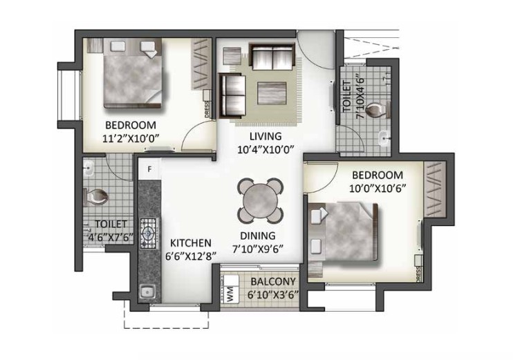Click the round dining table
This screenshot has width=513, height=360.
pyautogui.click(x=261, y=200)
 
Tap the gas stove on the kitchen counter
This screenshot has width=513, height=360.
pyautogui.click(x=149, y=233)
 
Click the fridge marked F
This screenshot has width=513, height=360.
pyautogui.click(x=149, y=169)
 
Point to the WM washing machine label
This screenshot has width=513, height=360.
pyautogui.click(x=230, y=293)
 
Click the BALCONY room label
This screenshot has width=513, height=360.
pyautogui.click(x=273, y=281)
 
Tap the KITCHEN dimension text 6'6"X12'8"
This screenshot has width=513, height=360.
pyautogui.click(x=191, y=256)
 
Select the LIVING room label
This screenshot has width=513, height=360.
pyautogui.click(x=265, y=136)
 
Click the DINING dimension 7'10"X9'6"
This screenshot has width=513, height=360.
pyautogui.click(x=257, y=249)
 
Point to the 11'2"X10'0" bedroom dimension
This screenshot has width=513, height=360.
pyautogui.click(x=131, y=138)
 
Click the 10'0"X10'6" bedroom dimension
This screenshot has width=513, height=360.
pyautogui.click(x=377, y=189)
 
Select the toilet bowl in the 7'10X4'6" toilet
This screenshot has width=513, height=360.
pyautogui.click(x=377, y=110)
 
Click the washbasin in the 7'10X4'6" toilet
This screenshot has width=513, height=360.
pyautogui.click(x=384, y=138)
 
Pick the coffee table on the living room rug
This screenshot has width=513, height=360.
pyautogui.click(x=272, y=93)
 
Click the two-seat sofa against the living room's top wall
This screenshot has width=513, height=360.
pyautogui.click(x=272, y=57)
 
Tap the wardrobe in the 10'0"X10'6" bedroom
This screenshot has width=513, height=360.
pyautogui.click(x=435, y=189)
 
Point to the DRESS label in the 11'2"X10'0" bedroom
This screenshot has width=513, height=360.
pyautogui.click(x=207, y=110)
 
